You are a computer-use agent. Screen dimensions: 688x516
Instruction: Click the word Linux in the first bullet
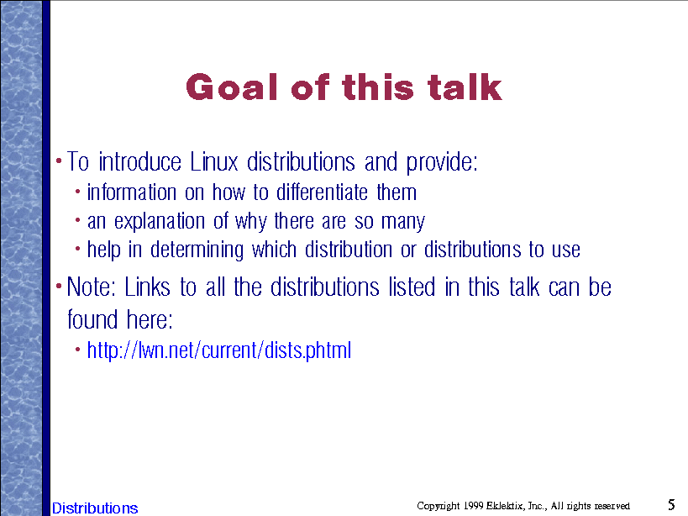click(213, 161)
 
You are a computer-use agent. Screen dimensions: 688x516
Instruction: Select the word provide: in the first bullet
click(442, 163)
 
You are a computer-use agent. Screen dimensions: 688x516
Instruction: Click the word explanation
click(160, 222)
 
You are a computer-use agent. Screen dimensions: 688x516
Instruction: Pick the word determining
click(197, 250)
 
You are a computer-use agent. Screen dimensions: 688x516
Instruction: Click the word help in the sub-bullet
click(103, 250)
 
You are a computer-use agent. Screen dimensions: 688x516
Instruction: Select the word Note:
click(91, 287)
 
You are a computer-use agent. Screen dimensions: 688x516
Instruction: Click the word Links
click(147, 287)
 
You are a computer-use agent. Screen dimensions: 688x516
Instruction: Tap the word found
click(92, 319)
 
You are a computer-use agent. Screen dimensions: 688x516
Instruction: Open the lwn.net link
click(219, 350)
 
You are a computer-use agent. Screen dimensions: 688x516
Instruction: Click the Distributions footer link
click(95, 508)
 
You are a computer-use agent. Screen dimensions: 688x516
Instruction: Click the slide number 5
click(671, 504)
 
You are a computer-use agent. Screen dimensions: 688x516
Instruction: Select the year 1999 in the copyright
click(473, 506)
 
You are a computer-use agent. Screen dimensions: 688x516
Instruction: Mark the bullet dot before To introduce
click(59, 161)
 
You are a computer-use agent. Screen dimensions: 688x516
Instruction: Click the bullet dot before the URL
click(77, 350)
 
